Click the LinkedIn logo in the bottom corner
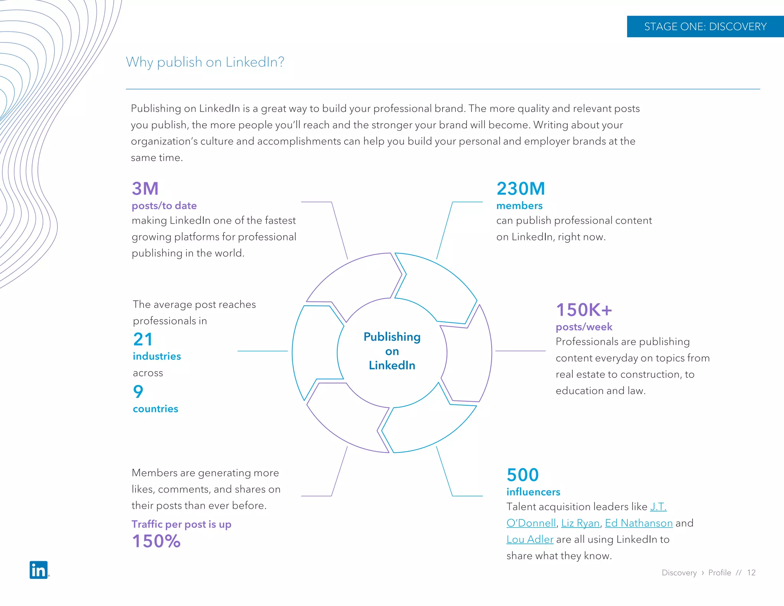pos(39,570)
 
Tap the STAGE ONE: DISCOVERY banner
pos(705,26)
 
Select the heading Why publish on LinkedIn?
pos(205,62)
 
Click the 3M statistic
pos(145,188)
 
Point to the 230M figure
pos(521,188)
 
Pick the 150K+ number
pos(584,310)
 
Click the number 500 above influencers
pos(523,475)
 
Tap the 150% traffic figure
pos(156,541)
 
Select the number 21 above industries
pos(143,339)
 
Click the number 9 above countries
pos(138,391)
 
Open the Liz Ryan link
pos(580,523)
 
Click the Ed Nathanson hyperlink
pos(639,523)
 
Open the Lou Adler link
pos(530,540)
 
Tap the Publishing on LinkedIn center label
pos(392,351)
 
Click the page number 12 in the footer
pos(751,573)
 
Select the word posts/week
pos(584,327)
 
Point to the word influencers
pos(533,492)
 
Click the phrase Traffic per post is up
pos(181,524)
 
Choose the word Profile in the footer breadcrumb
pos(719,573)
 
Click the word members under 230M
pos(519,206)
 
